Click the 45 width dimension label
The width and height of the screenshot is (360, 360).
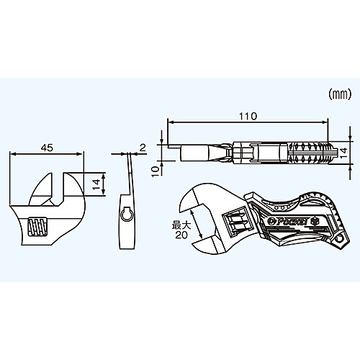[x=47, y=148]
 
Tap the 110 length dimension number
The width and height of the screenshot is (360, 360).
[x=248, y=117]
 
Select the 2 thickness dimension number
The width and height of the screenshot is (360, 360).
[x=143, y=148]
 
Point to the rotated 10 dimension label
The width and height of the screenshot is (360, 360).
[x=156, y=171]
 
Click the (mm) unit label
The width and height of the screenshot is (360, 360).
[x=340, y=94]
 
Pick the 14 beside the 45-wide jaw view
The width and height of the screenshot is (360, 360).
[x=96, y=184]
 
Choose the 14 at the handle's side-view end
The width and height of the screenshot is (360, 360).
[x=343, y=153]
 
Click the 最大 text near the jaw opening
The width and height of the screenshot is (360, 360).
[x=181, y=225]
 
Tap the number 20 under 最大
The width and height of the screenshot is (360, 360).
[x=181, y=235]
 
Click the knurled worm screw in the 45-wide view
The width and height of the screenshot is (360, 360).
[x=37, y=227]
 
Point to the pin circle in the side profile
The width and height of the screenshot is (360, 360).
[x=127, y=215]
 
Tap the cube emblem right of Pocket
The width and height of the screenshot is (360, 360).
[x=313, y=221]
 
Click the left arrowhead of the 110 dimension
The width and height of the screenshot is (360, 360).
[x=171, y=122]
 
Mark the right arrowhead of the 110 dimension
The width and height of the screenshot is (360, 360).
[x=325, y=122]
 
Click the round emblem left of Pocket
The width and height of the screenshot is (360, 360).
[x=269, y=221]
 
